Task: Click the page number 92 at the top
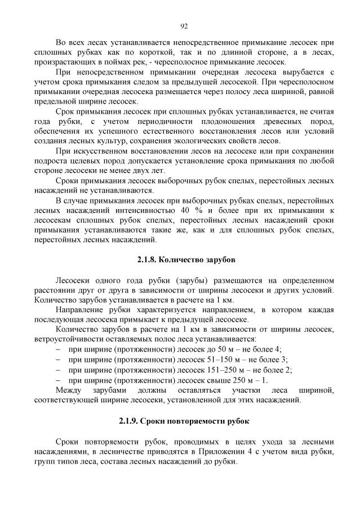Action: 184,26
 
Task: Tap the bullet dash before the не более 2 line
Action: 59,370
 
